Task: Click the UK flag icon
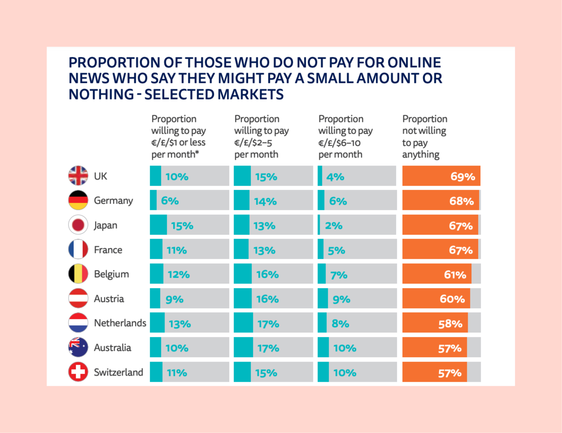coord(78,176)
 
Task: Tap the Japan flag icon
coord(78,225)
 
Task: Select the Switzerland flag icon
coord(78,372)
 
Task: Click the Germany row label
coord(113,201)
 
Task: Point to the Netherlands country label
coord(120,323)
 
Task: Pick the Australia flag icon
coord(78,347)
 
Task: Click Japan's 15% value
coord(182,226)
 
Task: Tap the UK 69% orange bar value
coord(462,176)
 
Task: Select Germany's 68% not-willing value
coord(461,201)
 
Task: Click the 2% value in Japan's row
coord(333,226)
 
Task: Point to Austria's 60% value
coord(452,299)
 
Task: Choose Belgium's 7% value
coord(339,275)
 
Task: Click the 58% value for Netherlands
coord(450,324)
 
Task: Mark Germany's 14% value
coord(265,201)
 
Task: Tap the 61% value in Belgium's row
coord(455,275)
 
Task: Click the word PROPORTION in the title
coord(113,62)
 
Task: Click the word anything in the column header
coord(420,155)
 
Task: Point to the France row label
coord(108,249)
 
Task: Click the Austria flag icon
coord(78,298)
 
